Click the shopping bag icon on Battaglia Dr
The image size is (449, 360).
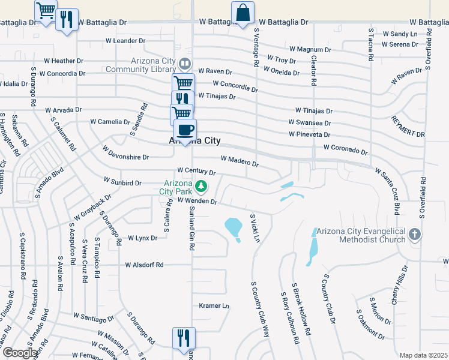tap(243, 13)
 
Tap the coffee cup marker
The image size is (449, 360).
tap(185, 130)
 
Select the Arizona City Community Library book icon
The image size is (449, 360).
tap(185, 64)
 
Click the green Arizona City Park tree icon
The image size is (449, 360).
tap(203, 185)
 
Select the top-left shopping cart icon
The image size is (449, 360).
tap(46, 11)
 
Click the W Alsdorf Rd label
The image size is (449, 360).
tap(145, 265)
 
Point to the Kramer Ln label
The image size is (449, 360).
tap(214, 306)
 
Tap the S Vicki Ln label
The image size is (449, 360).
tap(254, 229)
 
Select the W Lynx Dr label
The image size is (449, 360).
tap(142, 238)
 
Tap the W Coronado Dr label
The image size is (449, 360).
tap(345, 148)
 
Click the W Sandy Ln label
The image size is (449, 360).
tap(400, 34)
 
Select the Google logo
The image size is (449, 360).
tap(20, 353)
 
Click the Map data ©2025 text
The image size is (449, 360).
tap(423, 355)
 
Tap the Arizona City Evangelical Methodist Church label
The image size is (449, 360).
tap(360, 236)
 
